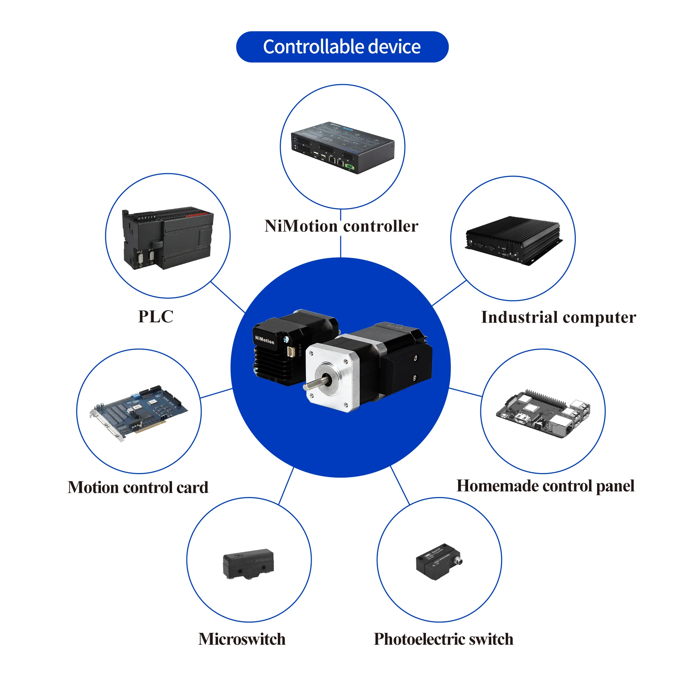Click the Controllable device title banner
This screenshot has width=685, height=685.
[x=342, y=47]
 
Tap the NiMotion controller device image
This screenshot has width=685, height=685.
[x=342, y=148]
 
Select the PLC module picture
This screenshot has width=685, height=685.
[x=167, y=237]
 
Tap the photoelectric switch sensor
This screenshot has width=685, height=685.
[x=439, y=561]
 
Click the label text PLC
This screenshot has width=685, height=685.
[x=156, y=317]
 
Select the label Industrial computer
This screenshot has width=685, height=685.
[x=558, y=317]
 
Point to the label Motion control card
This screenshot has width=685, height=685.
[x=138, y=487]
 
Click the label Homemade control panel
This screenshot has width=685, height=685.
[x=545, y=486]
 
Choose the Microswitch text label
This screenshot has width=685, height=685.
[x=242, y=639]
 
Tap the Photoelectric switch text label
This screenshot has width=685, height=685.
[x=443, y=639]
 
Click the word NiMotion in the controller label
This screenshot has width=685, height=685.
[x=301, y=226]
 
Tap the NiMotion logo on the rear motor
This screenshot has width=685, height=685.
[x=264, y=340]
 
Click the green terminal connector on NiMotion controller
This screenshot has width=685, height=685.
[x=349, y=166]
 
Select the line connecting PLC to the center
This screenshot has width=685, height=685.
[x=228, y=297]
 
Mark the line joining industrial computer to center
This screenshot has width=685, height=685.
[x=449, y=293]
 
